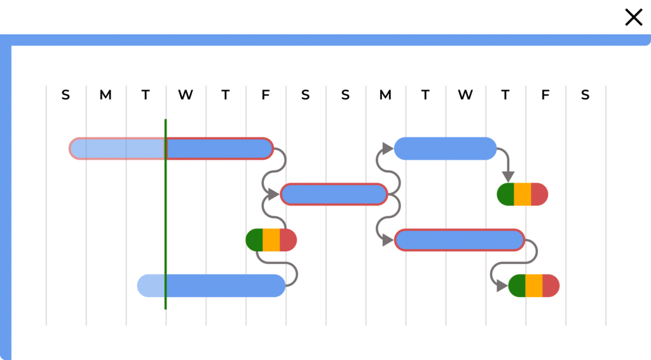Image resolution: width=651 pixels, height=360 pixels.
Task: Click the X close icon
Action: pyautogui.click(x=634, y=17)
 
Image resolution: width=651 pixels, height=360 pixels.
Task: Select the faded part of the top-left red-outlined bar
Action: pyautogui.click(x=118, y=148)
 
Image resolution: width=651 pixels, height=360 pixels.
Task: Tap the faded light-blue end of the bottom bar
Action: pyautogui.click(x=151, y=286)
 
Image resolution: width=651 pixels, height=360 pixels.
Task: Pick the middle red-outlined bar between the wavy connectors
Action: pyautogui.click(x=334, y=194)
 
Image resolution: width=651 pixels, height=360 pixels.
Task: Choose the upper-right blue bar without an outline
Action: pyautogui.click(x=445, y=148)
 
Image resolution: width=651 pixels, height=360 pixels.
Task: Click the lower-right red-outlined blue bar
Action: pyautogui.click(x=459, y=240)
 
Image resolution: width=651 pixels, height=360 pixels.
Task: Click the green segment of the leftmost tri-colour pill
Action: pyautogui.click(x=254, y=240)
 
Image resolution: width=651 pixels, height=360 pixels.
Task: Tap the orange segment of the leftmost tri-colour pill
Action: pyautogui.click(x=271, y=240)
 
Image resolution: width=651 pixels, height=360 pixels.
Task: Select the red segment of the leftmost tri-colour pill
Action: pyautogui.click(x=288, y=240)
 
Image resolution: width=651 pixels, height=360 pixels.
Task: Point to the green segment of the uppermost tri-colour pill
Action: pyautogui.click(x=505, y=194)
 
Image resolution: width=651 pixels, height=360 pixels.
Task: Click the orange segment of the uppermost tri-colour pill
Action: pyautogui.click(x=523, y=194)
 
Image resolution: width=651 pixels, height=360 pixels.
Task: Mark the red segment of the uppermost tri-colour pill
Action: pyautogui.click(x=539, y=194)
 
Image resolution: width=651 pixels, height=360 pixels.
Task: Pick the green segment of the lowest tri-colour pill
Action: pyautogui.click(x=517, y=286)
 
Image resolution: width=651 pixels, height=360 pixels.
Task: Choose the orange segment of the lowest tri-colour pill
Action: pyautogui.click(x=534, y=286)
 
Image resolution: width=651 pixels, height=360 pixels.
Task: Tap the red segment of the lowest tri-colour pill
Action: pyautogui.click(x=551, y=286)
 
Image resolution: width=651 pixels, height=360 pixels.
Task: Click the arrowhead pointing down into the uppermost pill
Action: pyautogui.click(x=507, y=175)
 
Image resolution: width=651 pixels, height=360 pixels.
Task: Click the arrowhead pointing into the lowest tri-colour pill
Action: pyautogui.click(x=502, y=286)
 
